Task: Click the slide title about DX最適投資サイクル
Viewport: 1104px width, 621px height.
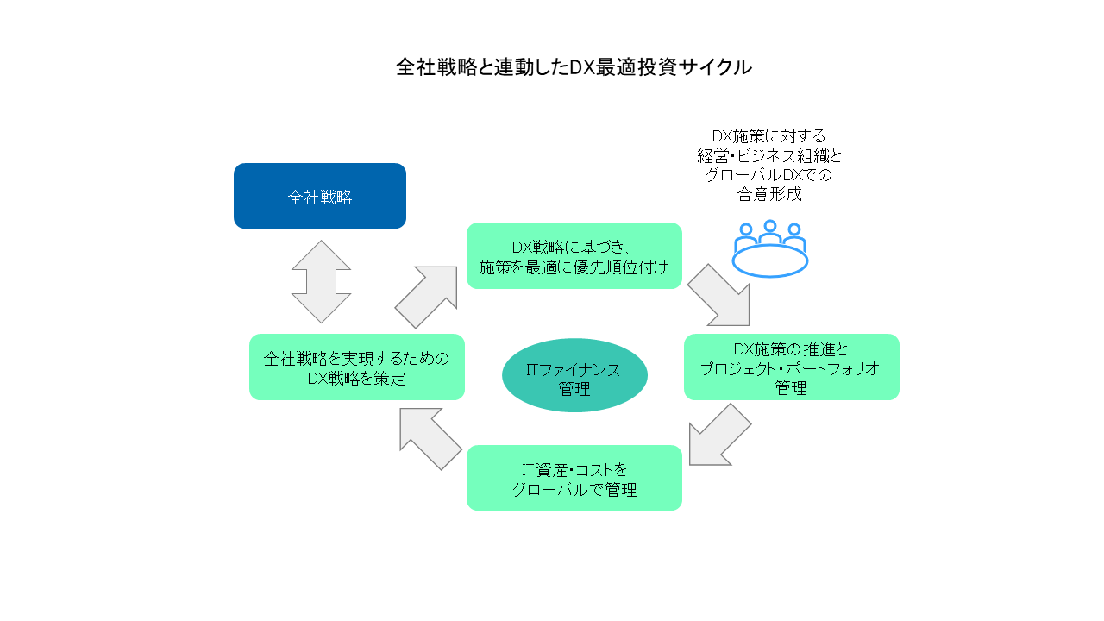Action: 574,67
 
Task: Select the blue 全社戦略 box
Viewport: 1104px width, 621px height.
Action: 320,196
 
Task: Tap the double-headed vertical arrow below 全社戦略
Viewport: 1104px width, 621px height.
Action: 321,282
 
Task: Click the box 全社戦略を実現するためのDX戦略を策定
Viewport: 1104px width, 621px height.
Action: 357,367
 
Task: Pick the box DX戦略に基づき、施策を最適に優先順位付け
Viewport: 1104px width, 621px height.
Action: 574,256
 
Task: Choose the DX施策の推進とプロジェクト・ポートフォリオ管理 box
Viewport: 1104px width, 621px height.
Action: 791,367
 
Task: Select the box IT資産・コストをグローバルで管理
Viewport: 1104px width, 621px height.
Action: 574,479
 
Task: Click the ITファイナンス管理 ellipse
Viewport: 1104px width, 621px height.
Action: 574,375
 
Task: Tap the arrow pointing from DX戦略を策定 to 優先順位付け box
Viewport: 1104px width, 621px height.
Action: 426,297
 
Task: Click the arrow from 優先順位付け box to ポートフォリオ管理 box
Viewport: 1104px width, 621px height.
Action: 719,295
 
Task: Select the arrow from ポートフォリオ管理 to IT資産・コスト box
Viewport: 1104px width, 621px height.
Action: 719,435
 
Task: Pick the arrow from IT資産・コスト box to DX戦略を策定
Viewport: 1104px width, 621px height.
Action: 430,439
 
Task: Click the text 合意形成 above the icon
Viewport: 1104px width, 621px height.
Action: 770,194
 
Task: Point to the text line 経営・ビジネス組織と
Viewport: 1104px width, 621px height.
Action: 770,156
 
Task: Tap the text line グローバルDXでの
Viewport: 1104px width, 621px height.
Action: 770,175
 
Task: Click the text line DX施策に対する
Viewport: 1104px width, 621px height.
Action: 770,136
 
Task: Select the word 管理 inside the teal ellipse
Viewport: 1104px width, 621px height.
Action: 574,390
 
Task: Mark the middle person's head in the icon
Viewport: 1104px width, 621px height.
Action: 770,227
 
